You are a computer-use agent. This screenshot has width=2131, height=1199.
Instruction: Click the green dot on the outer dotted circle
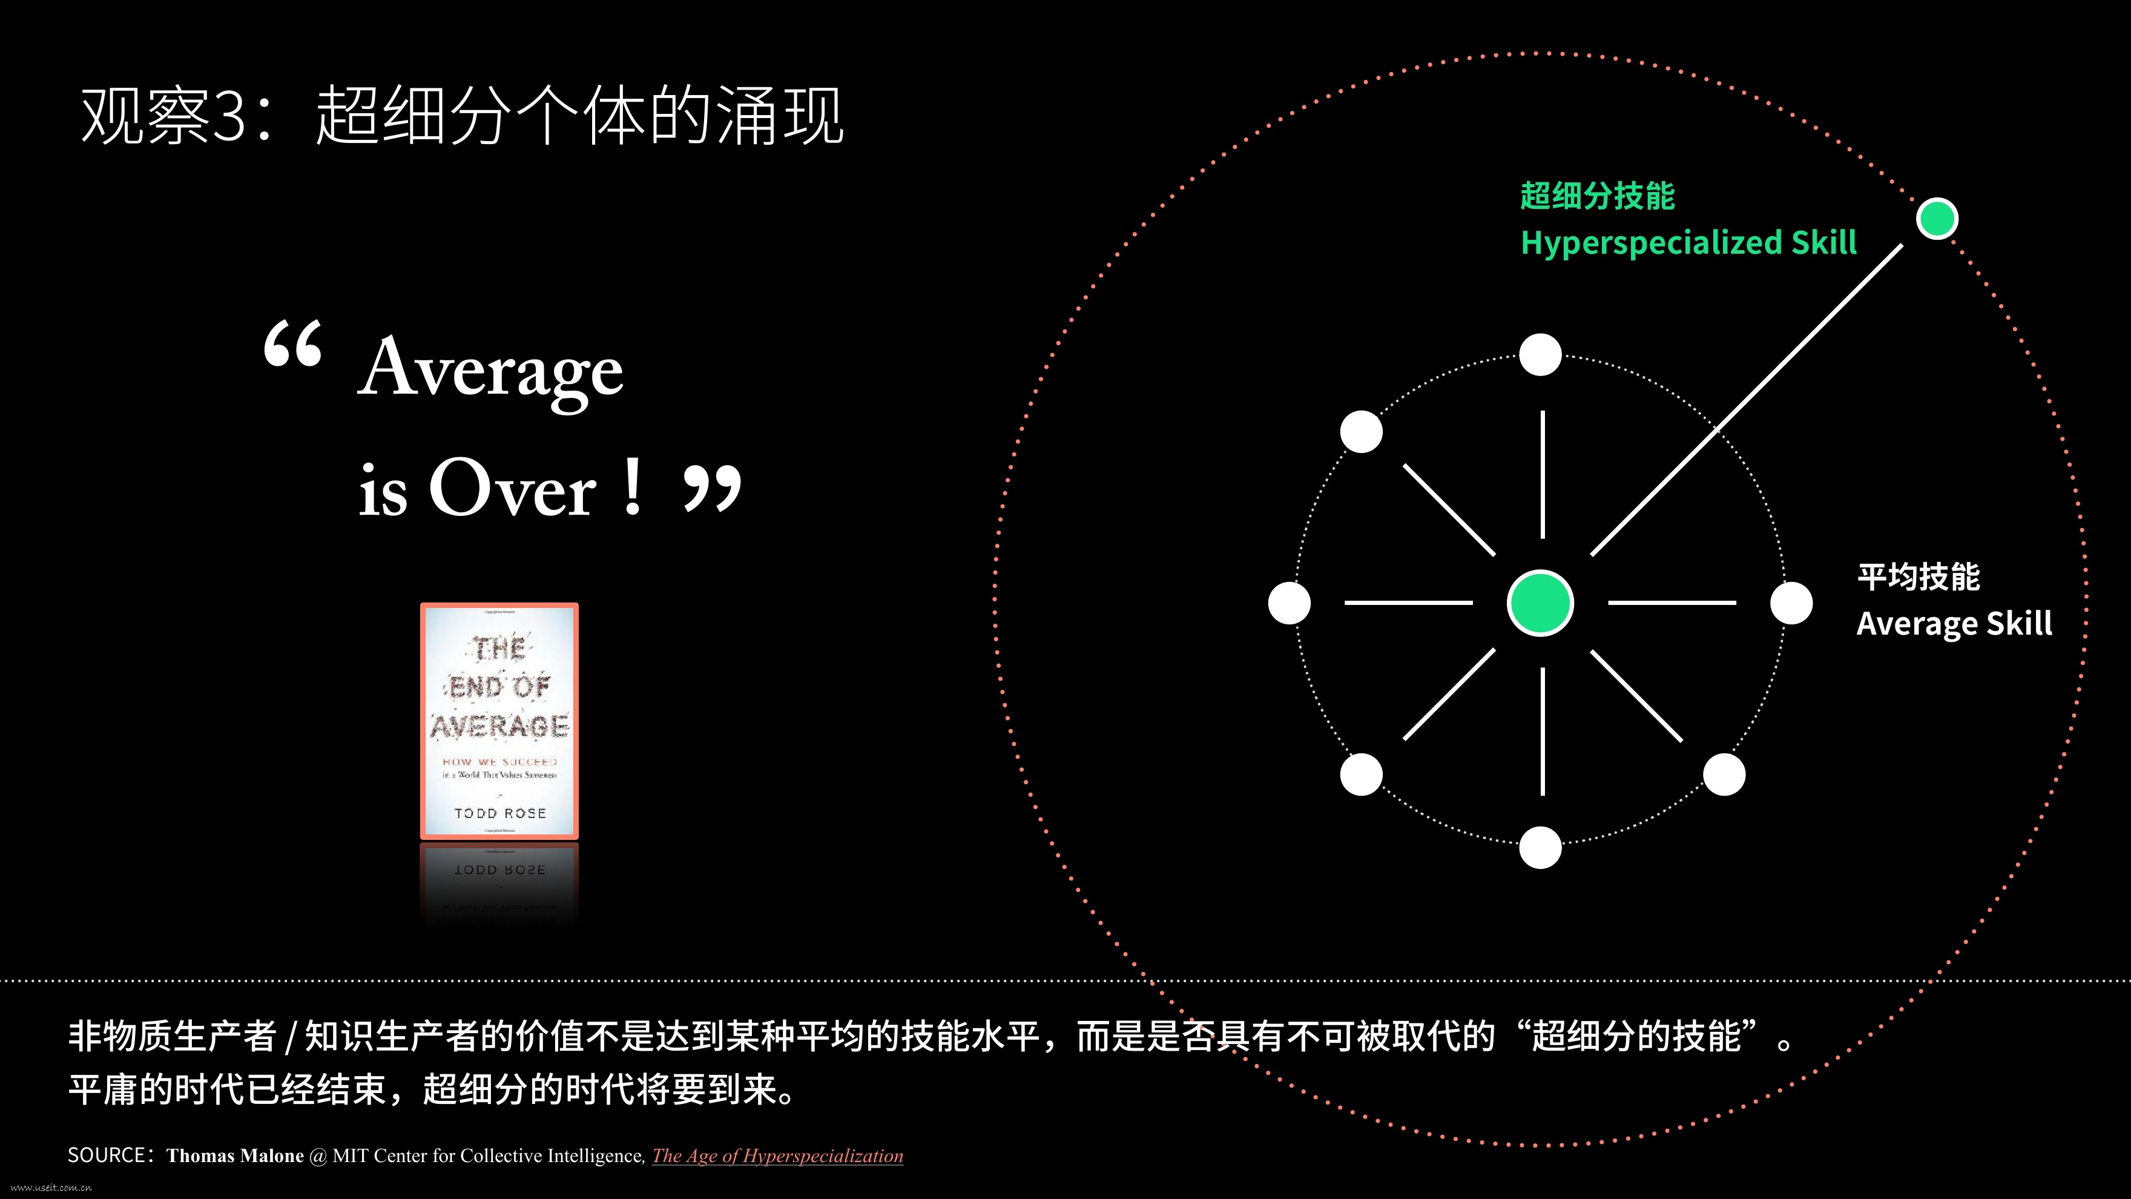(1937, 219)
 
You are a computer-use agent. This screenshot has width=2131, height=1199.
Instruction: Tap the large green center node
(1540, 603)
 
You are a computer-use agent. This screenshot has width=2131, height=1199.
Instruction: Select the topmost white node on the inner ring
(1540, 355)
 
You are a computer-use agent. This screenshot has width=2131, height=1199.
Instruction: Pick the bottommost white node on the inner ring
(1540, 847)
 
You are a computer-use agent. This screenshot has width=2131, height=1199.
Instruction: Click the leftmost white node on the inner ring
(1289, 603)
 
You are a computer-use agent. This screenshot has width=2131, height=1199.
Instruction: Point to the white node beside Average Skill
(1791, 603)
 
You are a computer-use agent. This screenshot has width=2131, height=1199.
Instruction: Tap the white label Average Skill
(1954, 624)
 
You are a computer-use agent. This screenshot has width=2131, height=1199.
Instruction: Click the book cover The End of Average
(499, 721)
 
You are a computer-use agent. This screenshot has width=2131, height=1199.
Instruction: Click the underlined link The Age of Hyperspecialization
(777, 1156)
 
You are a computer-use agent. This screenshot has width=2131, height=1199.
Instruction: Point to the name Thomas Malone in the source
(235, 1156)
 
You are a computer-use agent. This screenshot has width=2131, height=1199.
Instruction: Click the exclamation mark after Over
(633, 487)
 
